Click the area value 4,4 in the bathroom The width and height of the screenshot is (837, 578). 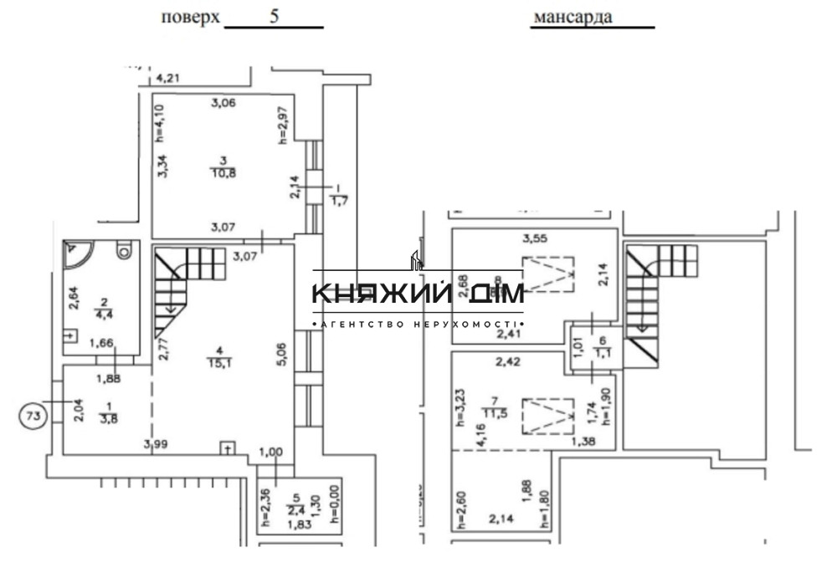point(105,315)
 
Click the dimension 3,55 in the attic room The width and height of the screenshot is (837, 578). point(536,239)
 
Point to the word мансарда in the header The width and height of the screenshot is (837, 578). point(572,17)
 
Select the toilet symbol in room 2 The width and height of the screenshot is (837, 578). point(125,249)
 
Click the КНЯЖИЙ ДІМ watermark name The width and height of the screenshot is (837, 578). point(418,294)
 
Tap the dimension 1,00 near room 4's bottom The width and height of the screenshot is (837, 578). point(271,453)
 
